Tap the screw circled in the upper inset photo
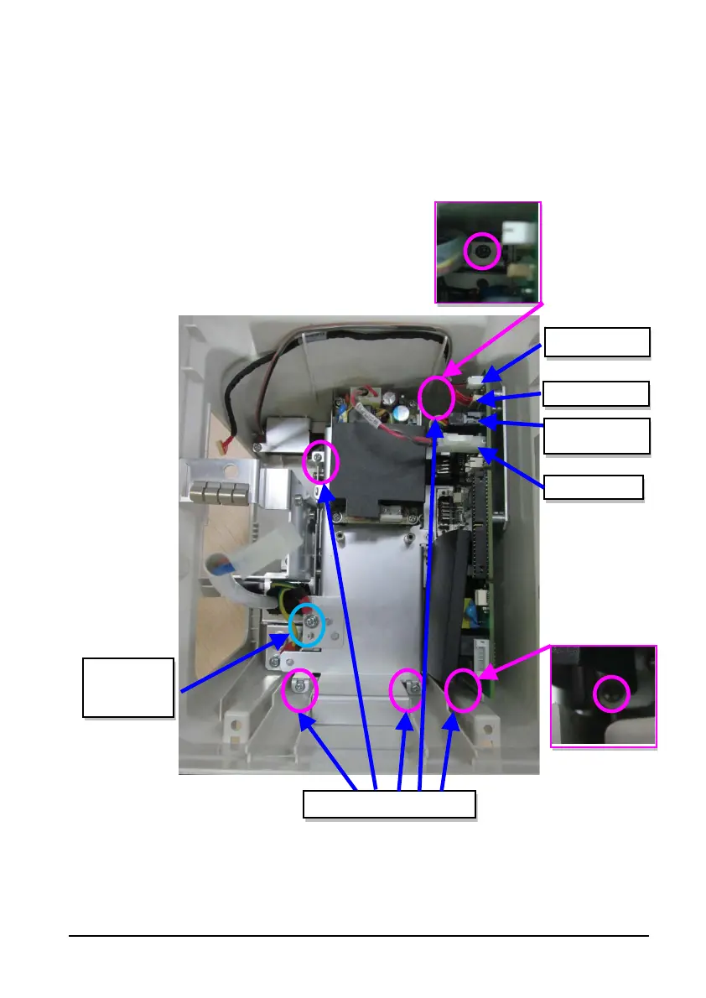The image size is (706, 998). pos(482,251)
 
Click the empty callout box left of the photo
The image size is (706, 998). pos(127,688)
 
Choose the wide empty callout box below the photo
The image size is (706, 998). pos(389,803)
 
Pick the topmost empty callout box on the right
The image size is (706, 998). pos(597,342)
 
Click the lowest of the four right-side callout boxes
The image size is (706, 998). pos(594,487)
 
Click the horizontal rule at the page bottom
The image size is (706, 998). pos(359,936)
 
